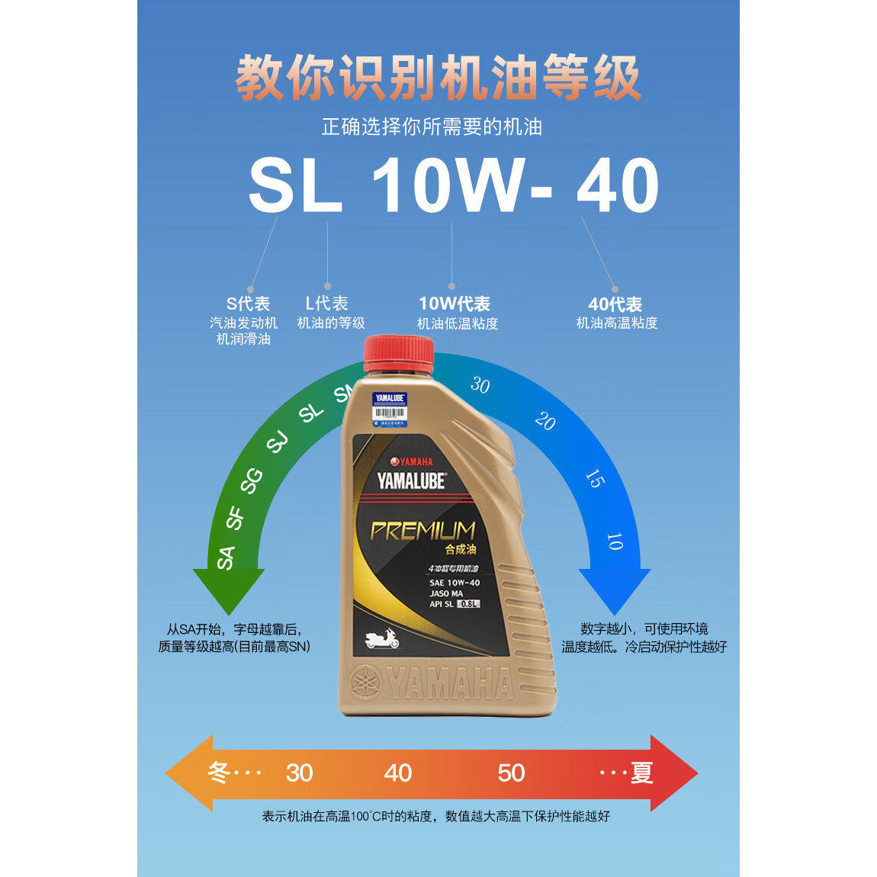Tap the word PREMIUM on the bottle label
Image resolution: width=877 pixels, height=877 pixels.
pos(423,531)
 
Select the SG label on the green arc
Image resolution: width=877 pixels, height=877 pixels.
pos(252,481)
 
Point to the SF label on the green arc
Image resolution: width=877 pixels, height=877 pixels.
pos(235,518)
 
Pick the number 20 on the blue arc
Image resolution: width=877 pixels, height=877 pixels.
pos(545,421)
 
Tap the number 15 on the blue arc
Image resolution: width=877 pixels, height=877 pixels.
pos(594,478)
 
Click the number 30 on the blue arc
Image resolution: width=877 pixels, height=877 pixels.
pos(480,385)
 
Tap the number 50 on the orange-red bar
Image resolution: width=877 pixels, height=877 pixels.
pos(511,773)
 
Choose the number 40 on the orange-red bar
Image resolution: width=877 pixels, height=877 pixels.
pos(398,773)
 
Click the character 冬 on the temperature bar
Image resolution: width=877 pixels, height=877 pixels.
pos(219,773)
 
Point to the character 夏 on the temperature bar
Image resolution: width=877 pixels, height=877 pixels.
pos(641,773)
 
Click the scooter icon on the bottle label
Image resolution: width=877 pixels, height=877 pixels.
pos(382,638)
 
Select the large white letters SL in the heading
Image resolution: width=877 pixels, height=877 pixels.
pos(295,186)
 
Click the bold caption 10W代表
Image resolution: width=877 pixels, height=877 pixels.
pos(455,304)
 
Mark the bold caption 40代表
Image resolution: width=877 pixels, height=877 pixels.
pos(615,304)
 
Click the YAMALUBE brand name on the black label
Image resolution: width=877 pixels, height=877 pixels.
pos(411,481)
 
